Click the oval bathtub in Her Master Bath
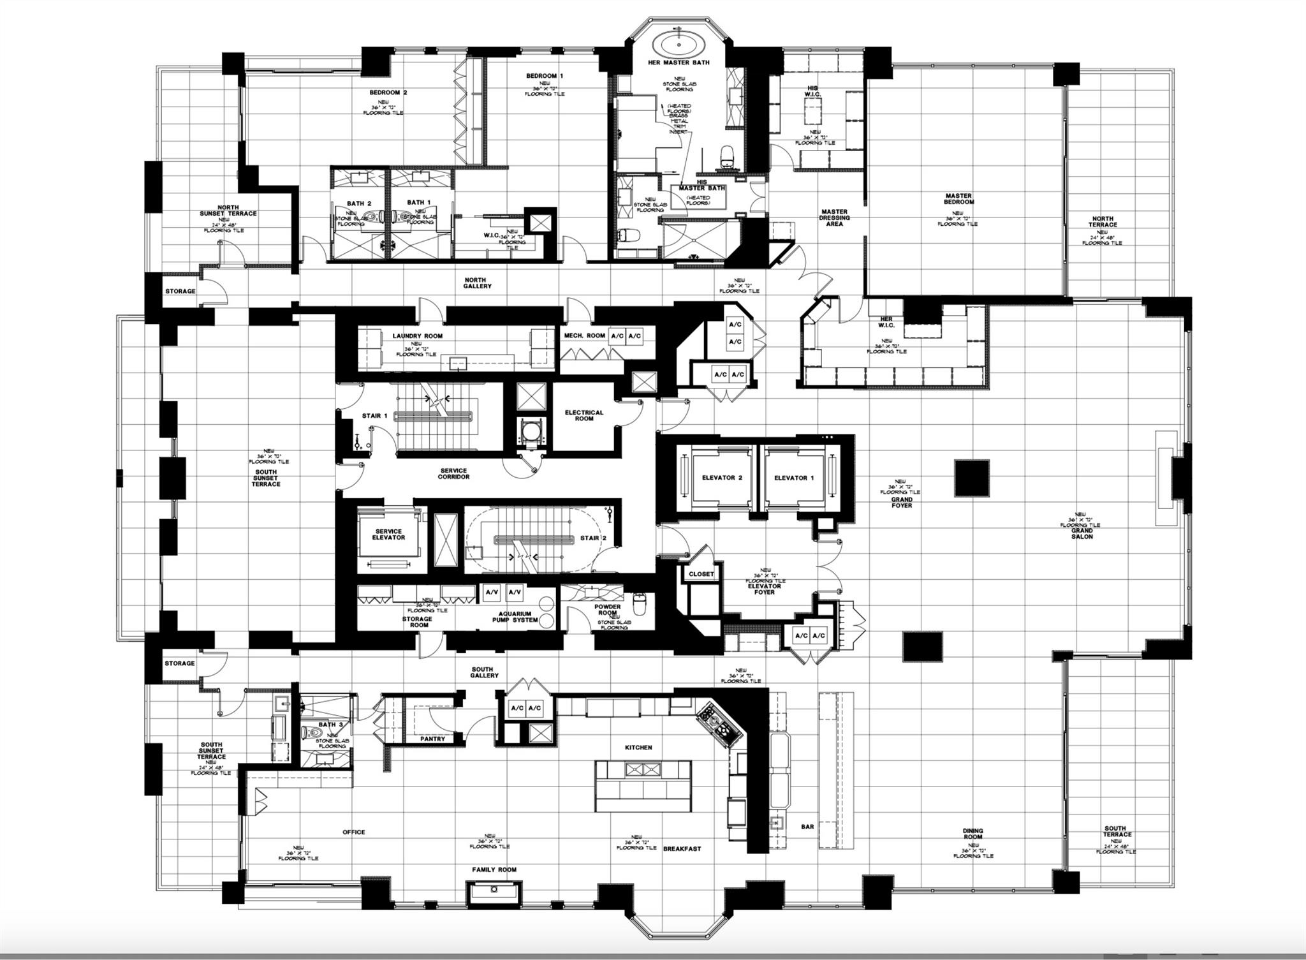point(677,45)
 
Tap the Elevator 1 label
point(794,478)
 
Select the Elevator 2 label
point(722,478)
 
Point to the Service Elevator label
point(388,535)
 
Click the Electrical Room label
point(583,415)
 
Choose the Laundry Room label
point(417,336)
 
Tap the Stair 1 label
point(375,416)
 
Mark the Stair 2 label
point(593,538)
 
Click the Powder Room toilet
point(639,601)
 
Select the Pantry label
point(432,739)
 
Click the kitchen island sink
point(642,770)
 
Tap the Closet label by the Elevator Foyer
point(701,574)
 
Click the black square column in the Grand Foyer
point(972,478)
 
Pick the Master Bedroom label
point(958,199)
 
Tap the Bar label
point(807,827)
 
